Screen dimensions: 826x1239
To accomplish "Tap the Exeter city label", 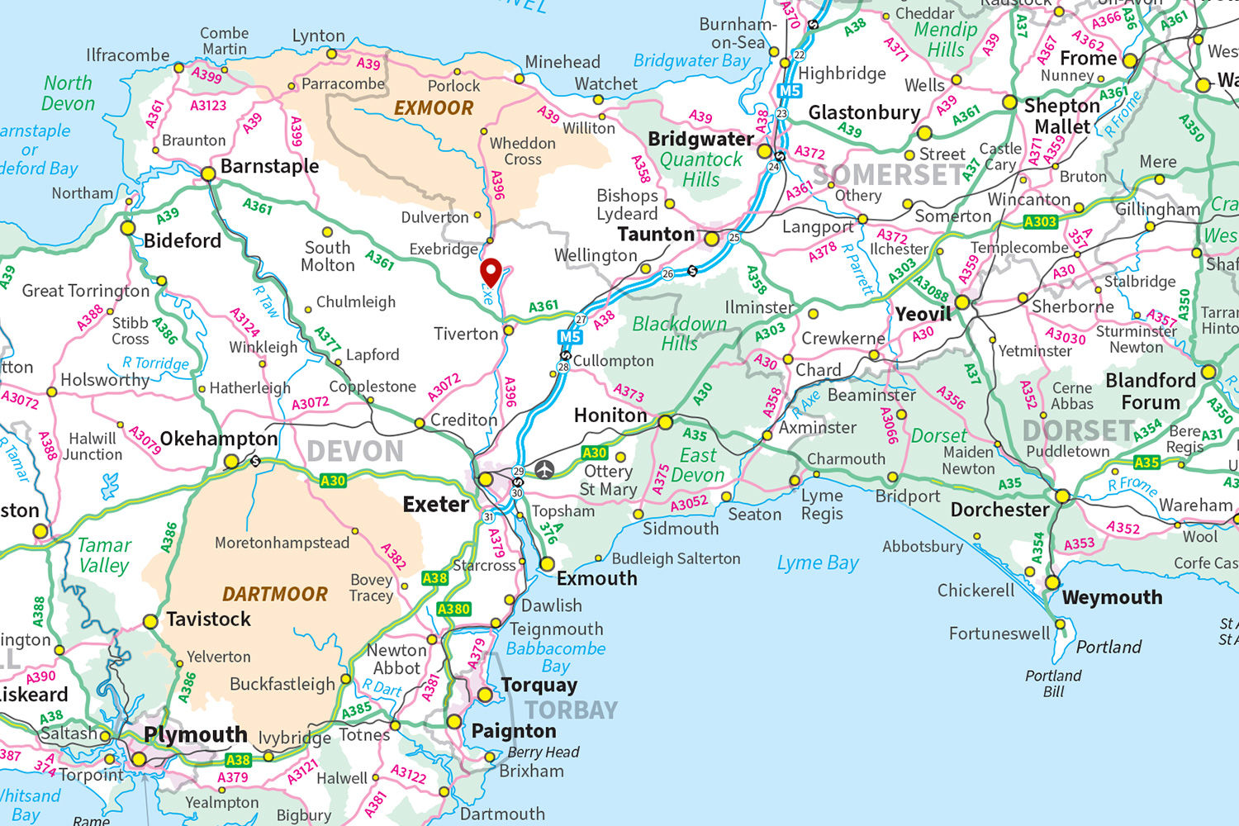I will (435, 504).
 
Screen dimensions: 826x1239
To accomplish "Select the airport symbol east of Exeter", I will (544, 470).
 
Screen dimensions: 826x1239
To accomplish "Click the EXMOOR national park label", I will (434, 108).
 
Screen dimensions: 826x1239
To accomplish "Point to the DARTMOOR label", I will (275, 594).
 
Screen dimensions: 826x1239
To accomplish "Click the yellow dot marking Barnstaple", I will (208, 173).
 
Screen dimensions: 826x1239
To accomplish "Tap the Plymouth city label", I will (196, 734).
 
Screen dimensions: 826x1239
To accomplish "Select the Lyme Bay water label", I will (818, 563).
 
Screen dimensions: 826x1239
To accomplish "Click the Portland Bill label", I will (1053, 683).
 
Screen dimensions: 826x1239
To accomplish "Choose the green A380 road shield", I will (453, 610).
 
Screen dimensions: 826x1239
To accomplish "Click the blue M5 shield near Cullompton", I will (570, 337).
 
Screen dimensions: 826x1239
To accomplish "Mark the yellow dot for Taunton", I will (712, 239).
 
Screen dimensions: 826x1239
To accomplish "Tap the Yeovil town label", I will (923, 314).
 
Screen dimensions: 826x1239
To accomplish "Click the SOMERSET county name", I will (888, 175).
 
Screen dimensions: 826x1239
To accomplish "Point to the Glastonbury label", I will (864, 112).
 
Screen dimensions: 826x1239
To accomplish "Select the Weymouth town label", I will (1112, 597).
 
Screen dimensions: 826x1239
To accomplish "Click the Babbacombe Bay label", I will (556, 657).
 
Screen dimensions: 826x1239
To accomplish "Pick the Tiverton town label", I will (466, 334).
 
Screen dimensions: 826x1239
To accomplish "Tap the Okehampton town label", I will (219, 439).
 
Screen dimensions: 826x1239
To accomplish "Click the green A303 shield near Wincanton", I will (1040, 222).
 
